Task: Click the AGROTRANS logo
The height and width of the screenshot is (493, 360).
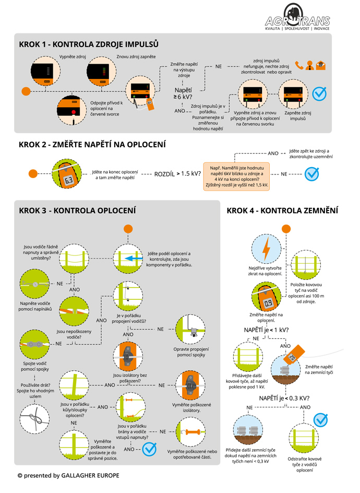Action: pyautogui.click(x=297, y=17)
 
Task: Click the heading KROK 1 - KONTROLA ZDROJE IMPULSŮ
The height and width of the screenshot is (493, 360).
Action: pyautogui.click(x=89, y=44)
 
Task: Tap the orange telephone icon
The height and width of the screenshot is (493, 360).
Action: pyautogui.click(x=299, y=65)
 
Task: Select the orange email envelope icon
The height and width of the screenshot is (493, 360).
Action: pyautogui.click(x=321, y=65)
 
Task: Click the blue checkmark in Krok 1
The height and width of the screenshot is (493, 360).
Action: pyautogui.click(x=319, y=93)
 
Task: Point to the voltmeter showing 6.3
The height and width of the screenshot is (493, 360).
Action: pyautogui.click(x=67, y=174)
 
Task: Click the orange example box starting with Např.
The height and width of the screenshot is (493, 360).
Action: pyautogui.click(x=236, y=177)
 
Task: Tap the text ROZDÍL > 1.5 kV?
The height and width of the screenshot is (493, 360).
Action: pyautogui.click(x=177, y=173)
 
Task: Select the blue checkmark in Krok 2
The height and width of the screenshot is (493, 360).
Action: pyautogui.click(x=312, y=173)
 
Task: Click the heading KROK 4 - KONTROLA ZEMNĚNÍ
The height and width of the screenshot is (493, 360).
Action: pyautogui.click(x=282, y=210)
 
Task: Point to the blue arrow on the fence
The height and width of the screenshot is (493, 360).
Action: pyautogui.click(x=134, y=259)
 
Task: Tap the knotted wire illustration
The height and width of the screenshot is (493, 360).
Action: pyautogui.click(x=34, y=418)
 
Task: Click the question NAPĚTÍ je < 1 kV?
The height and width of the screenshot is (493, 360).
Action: pyautogui.click(x=266, y=330)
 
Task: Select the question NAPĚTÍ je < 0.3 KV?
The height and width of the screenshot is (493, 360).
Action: pyautogui.click(x=284, y=398)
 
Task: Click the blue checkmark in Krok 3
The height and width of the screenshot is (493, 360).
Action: pyautogui.click(x=149, y=449)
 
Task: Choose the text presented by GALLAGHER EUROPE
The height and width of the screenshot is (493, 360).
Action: pyautogui.click(x=68, y=475)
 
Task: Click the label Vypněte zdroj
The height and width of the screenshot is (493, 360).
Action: pyautogui.click(x=73, y=56)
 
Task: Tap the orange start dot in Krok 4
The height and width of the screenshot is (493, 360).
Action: pyautogui.click(x=286, y=229)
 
